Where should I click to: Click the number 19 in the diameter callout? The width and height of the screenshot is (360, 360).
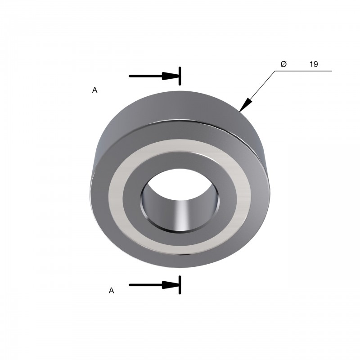(314, 64)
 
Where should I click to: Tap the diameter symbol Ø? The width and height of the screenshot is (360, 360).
(283, 64)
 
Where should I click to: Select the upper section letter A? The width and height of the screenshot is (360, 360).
(94, 90)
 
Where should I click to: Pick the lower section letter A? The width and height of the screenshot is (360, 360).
(111, 291)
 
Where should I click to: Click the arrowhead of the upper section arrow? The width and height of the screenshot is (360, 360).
(171, 76)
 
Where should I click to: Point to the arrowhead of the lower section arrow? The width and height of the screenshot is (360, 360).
(171, 285)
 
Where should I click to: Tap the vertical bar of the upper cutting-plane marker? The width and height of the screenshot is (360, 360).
(180, 76)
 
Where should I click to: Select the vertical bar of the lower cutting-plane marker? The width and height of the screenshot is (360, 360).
(180, 285)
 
